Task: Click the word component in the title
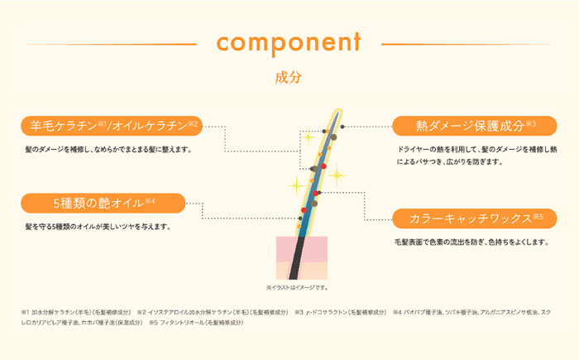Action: (289, 41)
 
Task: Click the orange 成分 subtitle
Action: (289, 78)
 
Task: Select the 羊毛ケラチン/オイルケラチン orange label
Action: (112, 126)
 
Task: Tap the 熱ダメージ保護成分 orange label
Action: (476, 126)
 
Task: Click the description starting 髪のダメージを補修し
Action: (108, 150)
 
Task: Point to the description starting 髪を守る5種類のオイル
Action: (98, 226)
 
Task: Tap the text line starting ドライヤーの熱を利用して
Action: (477, 150)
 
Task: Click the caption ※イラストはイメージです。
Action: (298, 287)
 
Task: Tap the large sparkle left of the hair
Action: (295, 185)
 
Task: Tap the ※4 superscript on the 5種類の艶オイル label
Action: (151, 200)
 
